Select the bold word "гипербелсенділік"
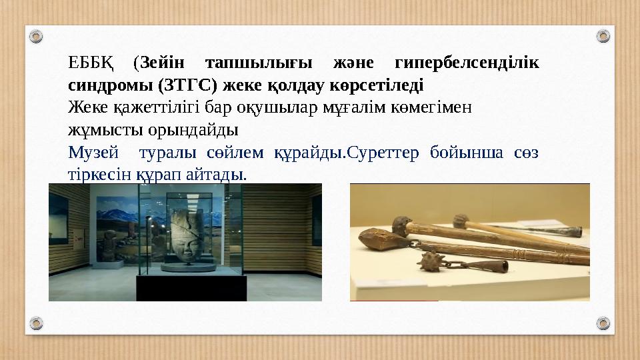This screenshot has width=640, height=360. (x=467, y=65)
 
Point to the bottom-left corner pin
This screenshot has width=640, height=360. (x=37, y=325)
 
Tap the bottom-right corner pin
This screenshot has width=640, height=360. (x=602, y=325)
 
